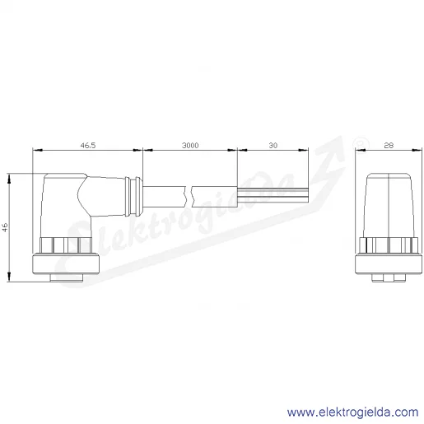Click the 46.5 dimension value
pyautogui.click(x=88, y=145)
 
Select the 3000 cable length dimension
pyautogui.click(x=190, y=145)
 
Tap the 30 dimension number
pyautogui.click(x=273, y=145)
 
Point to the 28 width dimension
pyautogui.click(x=389, y=145)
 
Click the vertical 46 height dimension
pyautogui.click(x=5, y=227)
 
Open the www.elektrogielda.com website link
pyautogui.click(x=353, y=412)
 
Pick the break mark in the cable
pyautogui.click(x=189, y=197)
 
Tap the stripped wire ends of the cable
pyautogui.click(x=273, y=195)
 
